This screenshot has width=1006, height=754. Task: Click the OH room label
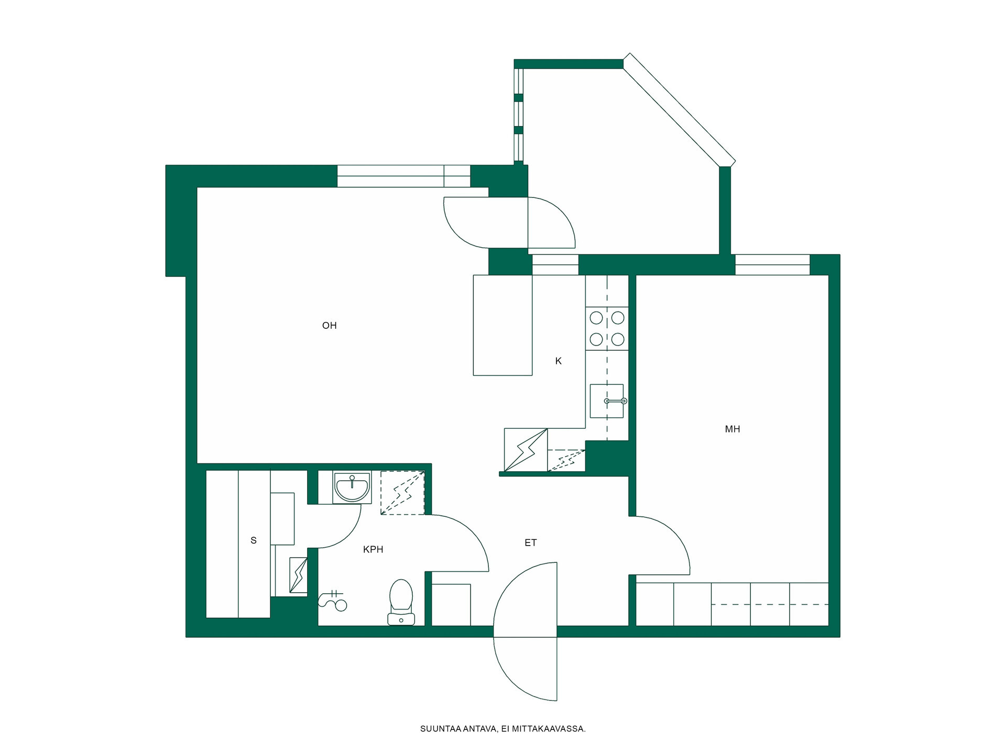pos(329,326)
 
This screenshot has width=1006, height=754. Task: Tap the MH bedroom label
pos(732,429)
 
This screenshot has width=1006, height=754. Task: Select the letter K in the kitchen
pos(558,361)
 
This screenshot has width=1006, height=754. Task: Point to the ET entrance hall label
pos(530,543)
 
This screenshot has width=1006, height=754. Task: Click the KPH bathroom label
pos(373,549)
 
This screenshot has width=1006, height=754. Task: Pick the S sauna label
pos(254,540)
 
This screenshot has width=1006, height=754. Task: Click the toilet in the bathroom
pos(401,602)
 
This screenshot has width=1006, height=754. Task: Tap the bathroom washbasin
pos(352,487)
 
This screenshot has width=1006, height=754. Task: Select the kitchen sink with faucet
pos(608,401)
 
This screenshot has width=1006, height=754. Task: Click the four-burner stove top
pos(607,328)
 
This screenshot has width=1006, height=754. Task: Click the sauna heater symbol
pos(299,575)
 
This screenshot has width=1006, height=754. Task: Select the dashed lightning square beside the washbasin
pos(402,493)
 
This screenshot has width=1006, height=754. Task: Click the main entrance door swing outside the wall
pos(525,669)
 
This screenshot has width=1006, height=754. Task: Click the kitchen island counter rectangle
pos(502,325)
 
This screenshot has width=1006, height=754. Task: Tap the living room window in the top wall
pos(403,176)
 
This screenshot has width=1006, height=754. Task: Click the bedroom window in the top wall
pos(772,264)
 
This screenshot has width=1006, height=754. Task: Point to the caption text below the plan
pos(503,729)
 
